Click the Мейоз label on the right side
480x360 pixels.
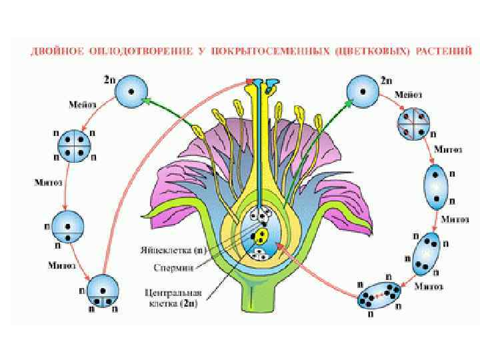coord(409,95)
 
